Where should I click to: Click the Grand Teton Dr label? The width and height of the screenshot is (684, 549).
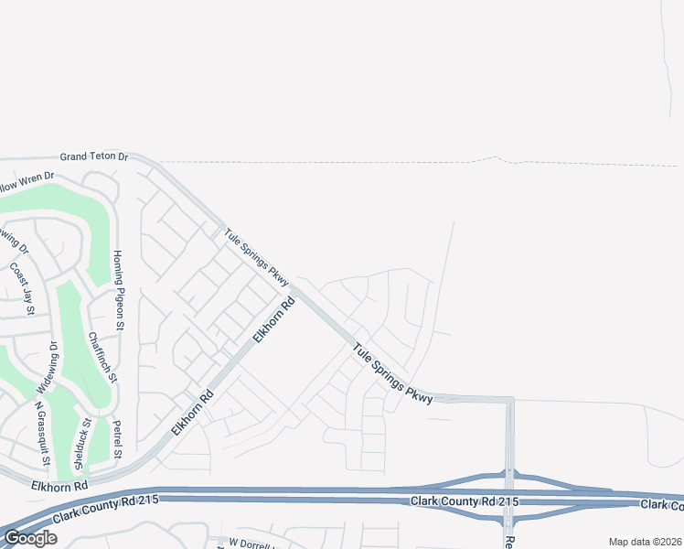pos(94,156)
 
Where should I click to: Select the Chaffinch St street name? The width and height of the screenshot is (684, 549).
pos(102,356)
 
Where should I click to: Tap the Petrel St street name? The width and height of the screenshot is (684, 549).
pos(117,439)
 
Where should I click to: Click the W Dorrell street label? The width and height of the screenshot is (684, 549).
pos(251,543)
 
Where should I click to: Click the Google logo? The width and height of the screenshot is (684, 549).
pos(29,538)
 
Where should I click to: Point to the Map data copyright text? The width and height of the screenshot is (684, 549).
pos(646,542)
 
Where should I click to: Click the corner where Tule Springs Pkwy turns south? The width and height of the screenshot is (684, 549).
pos(509,400)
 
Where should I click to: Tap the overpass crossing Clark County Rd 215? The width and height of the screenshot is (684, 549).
pos(509,494)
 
